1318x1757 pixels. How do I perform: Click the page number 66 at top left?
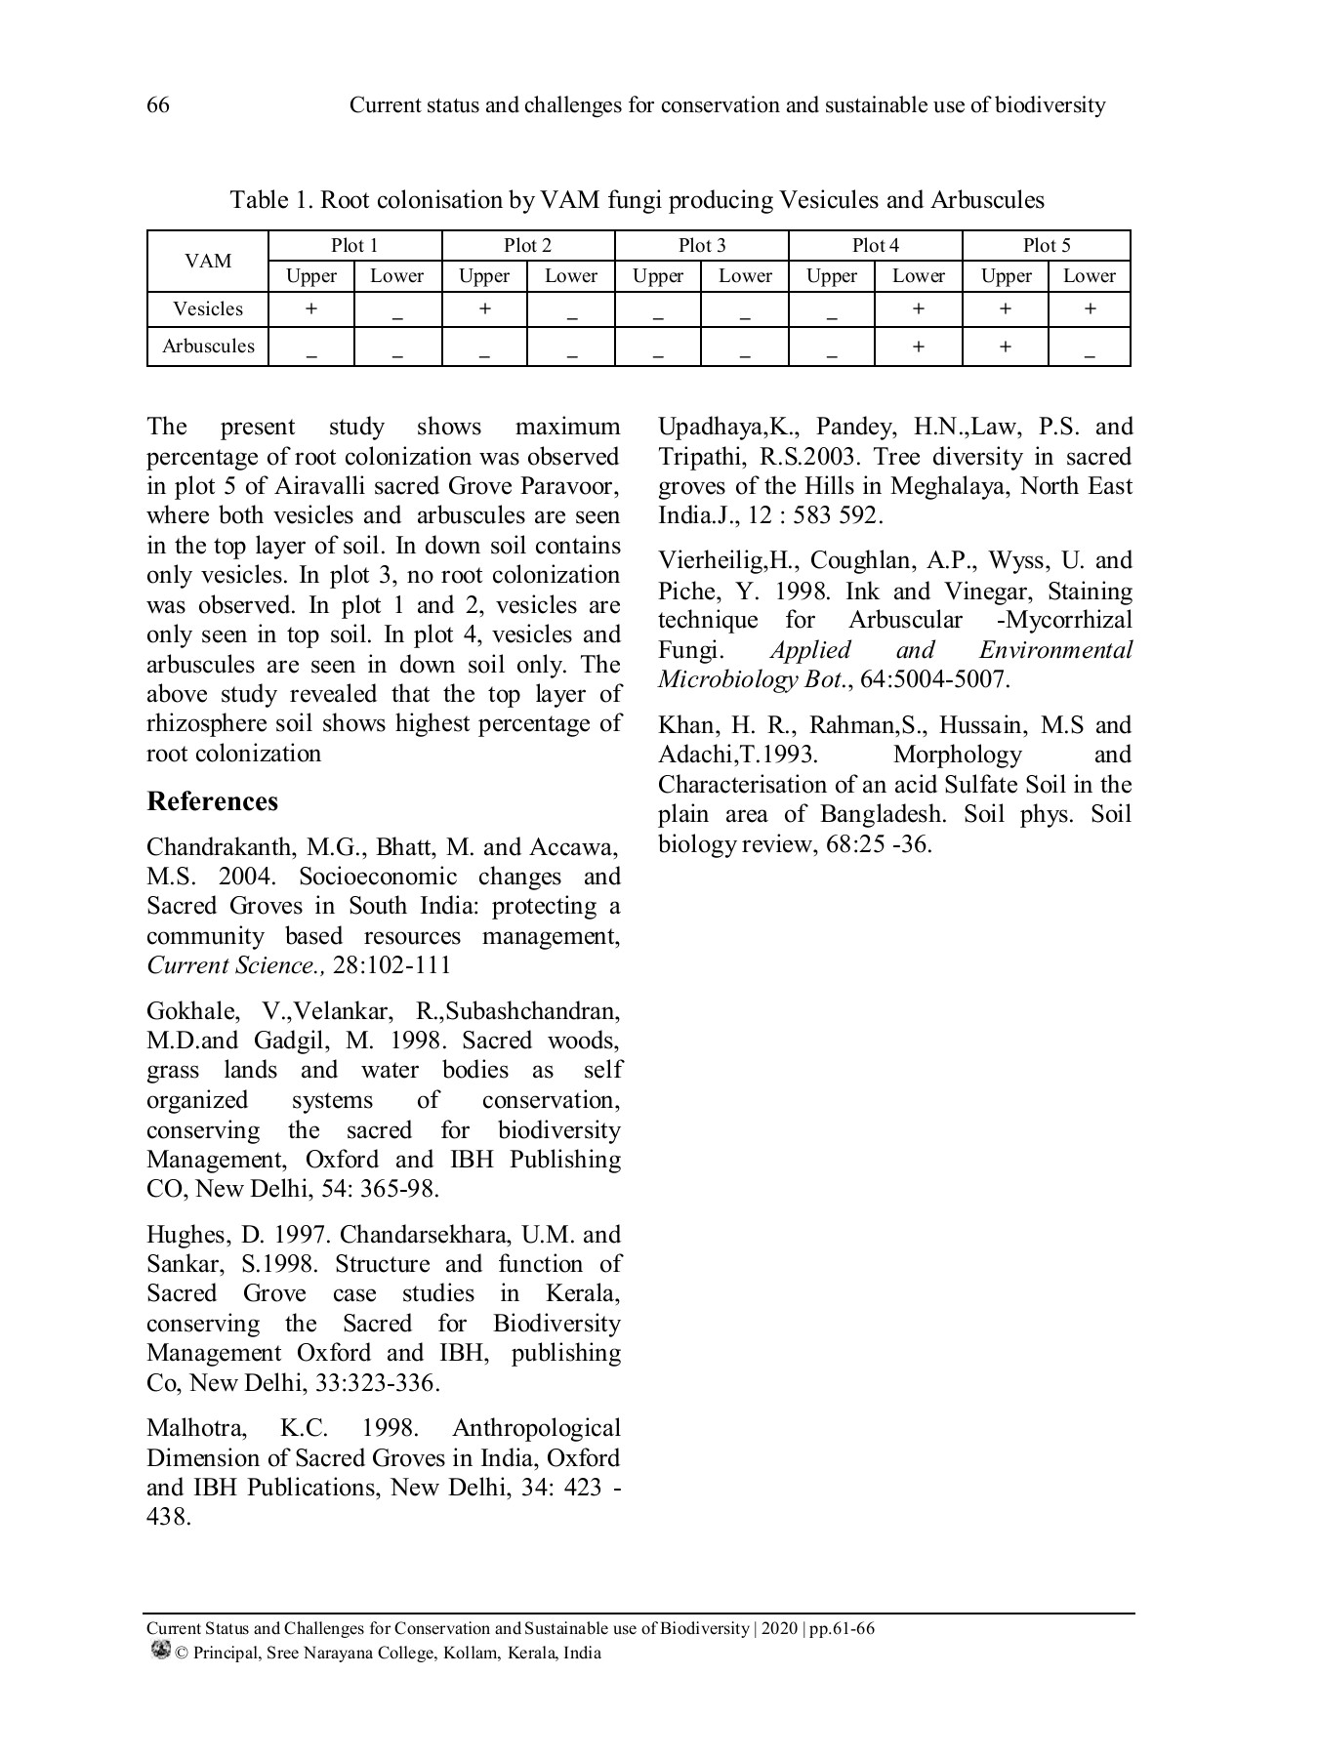157,105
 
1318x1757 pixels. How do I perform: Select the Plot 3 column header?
701,246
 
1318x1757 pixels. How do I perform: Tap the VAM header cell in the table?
208,261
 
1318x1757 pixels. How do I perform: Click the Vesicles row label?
208,309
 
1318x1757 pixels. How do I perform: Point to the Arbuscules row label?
208,347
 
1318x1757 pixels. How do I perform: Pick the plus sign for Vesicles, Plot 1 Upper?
310,308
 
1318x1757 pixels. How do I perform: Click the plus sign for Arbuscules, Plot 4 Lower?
918,346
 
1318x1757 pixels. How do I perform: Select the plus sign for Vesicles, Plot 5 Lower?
1090,308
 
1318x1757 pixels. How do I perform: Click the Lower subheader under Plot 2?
570,276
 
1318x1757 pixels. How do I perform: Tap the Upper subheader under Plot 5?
1006,276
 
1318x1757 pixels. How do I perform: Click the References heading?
212,801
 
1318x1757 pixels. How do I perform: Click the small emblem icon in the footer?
160,1651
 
